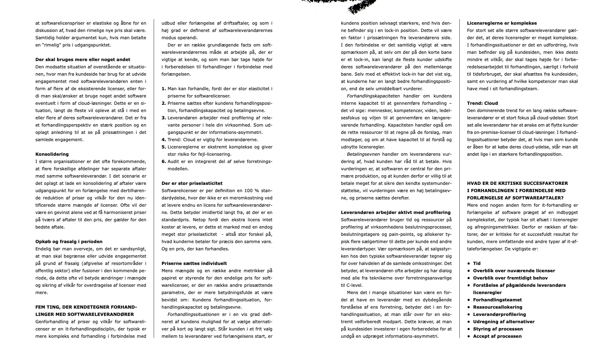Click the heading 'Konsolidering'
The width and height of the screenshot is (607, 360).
click(52, 154)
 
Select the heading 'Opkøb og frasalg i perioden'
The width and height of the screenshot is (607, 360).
click(69, 241)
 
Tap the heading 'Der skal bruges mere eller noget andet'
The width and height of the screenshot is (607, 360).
click(83, 59)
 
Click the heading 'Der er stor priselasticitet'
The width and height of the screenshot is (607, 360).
click(192, 183)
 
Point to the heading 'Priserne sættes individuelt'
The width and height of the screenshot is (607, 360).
click(194, 263)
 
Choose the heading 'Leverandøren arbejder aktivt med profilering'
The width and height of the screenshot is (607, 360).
click(395, 212)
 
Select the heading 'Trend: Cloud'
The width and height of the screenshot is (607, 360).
click(482, 103)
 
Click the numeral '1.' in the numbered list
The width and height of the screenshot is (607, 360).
click(164, 89)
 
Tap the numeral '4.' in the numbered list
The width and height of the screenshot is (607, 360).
click(164, 140)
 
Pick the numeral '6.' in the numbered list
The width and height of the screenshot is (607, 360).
click(164, 161)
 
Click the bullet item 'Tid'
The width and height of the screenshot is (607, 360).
click(477, 263)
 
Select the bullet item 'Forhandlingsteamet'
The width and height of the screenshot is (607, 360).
click(497, 300)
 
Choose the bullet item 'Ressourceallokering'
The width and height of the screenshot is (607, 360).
click(497, 307)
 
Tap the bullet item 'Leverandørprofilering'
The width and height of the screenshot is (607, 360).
click(499, 314)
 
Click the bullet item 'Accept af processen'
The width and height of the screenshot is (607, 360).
click(497, 336)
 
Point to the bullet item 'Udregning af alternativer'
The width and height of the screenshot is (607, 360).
click(503, 322)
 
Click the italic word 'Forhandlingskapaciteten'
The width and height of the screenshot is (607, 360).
click(373, 96)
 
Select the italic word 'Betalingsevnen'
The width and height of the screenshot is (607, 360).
click(363, 154)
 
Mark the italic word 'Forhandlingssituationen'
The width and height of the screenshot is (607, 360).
click(193, 314)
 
